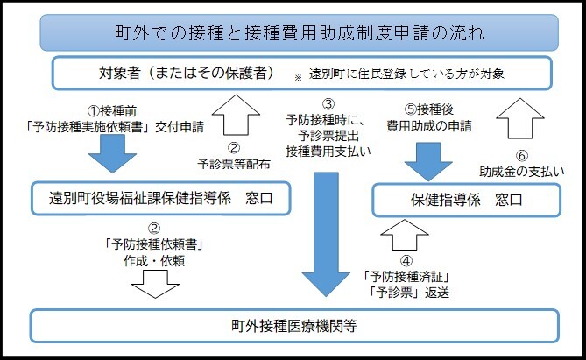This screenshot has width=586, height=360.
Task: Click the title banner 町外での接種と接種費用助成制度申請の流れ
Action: click(x=293, y=33)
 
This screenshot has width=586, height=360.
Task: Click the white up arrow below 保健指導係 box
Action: click(x=405, y=236)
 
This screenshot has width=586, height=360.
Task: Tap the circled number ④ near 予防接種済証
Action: click(x=405, y=259)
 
